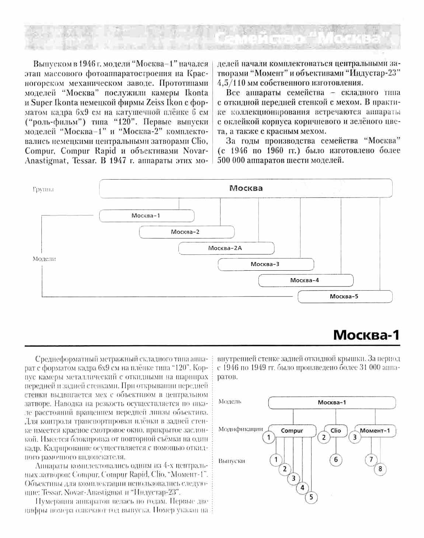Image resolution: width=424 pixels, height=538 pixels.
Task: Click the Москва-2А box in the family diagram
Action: point(226,248)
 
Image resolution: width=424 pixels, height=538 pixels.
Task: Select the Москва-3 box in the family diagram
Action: point(265,264)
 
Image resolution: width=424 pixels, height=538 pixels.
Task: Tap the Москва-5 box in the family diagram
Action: point(344,296)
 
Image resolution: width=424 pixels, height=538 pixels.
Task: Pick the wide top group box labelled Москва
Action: point(246,188)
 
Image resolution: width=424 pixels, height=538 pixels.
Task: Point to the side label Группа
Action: point(43,190)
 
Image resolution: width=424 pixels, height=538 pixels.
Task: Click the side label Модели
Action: point(44,259)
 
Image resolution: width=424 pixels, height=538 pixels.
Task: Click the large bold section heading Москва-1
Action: point(366,335)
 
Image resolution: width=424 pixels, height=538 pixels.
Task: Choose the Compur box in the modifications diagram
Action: point(292,430)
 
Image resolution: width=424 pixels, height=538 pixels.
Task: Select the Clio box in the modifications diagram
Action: point(336,430)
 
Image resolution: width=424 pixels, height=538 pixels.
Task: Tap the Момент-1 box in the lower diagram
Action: point(375,430)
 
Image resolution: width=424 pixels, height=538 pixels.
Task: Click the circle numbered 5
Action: point(311,497)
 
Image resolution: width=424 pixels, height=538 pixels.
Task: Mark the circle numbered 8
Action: point(380,469)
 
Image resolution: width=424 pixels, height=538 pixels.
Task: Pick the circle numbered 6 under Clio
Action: point(336,459)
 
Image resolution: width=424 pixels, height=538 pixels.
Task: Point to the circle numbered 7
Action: point(371,459)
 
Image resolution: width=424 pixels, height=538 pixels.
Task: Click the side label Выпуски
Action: point(232,461)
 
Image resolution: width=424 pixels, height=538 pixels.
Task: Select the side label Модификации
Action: point(240,429)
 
